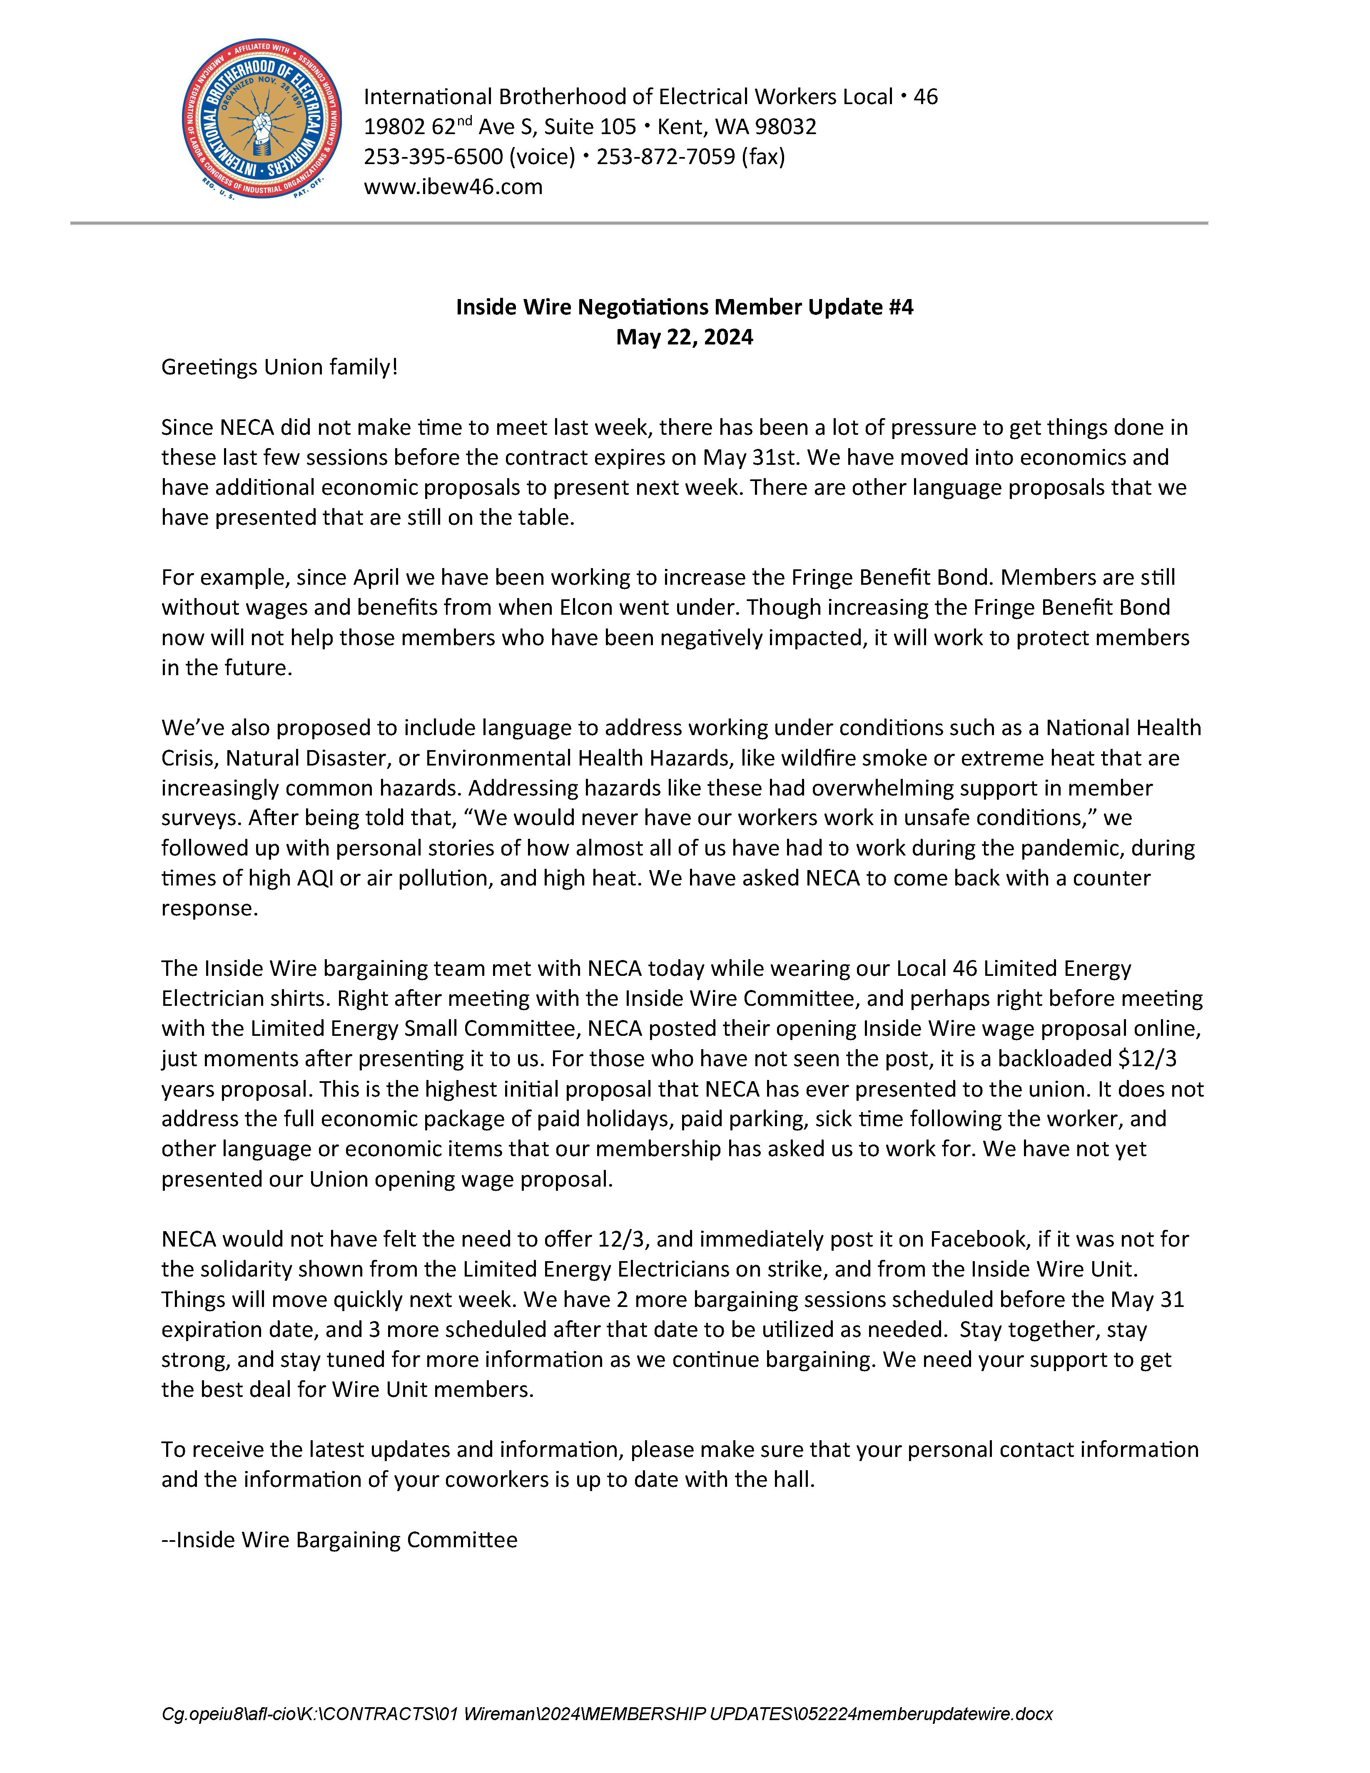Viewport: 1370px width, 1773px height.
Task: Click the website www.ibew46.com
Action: (x=453, y=187)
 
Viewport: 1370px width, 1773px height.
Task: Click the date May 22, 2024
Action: (x=684, y=337)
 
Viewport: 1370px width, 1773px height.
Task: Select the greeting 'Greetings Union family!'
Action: (x=279, y=367)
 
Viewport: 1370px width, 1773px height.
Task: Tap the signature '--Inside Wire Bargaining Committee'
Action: (x=339, y=1540)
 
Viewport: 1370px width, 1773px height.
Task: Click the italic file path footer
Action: (x=607, y=1714)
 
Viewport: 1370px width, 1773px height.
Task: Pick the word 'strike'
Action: (x=787, y=1269)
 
